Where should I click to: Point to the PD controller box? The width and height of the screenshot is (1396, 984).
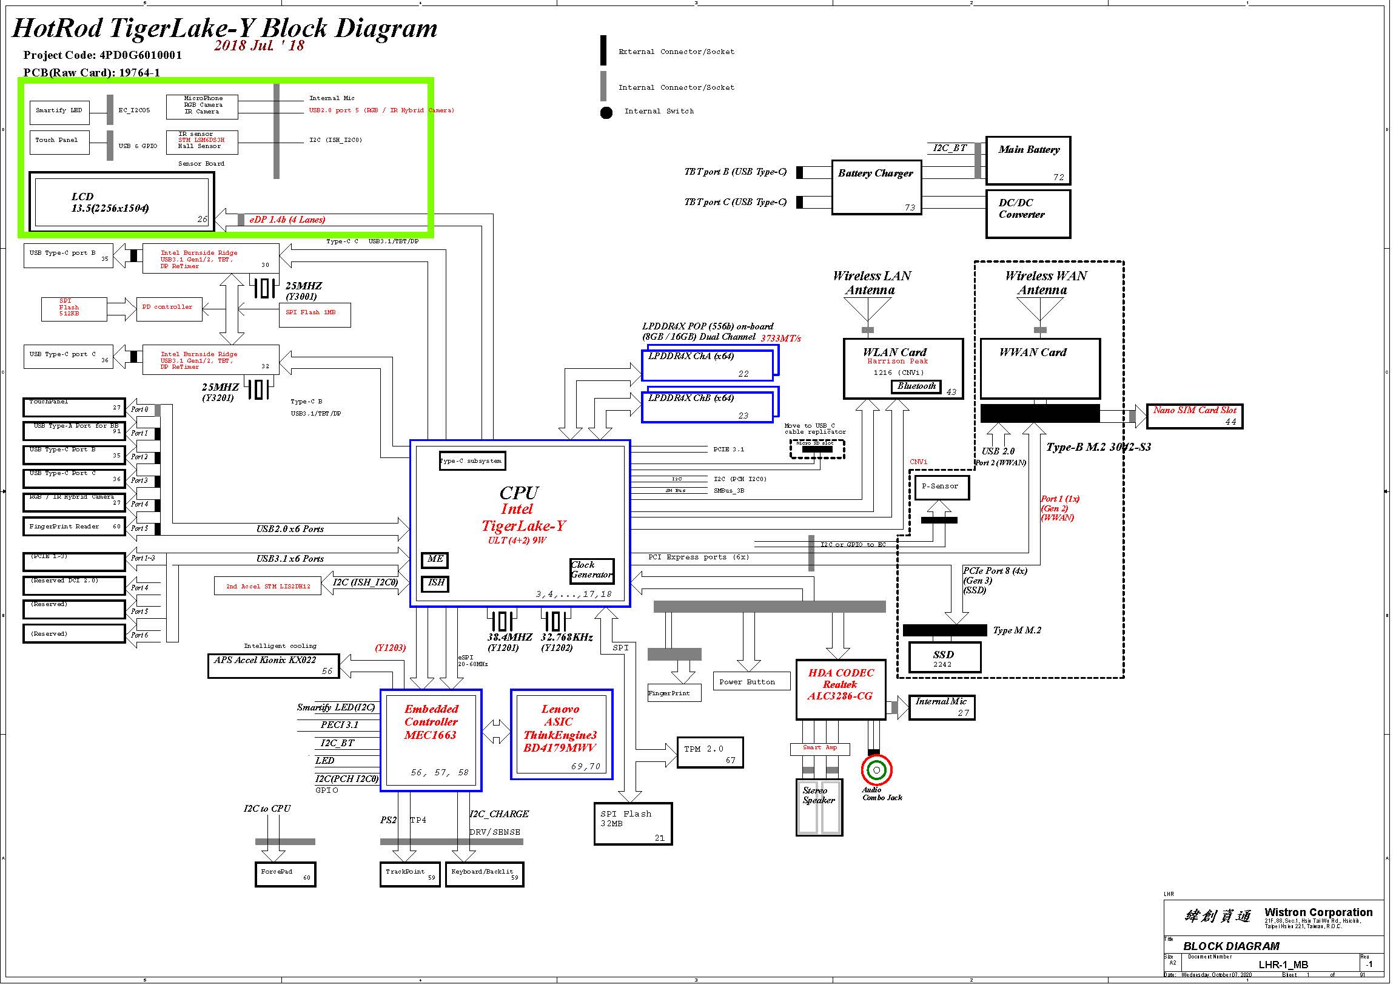pyautogui.click(x=169, y=309)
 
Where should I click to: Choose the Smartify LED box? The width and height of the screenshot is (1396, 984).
pyautogui.click(x=59, y=112)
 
